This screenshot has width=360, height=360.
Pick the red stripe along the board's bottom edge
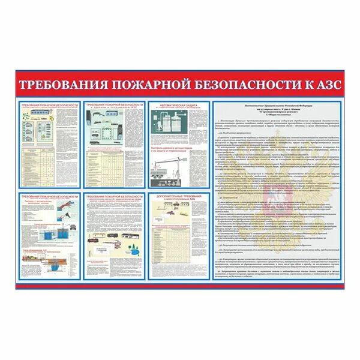[180, 286]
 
